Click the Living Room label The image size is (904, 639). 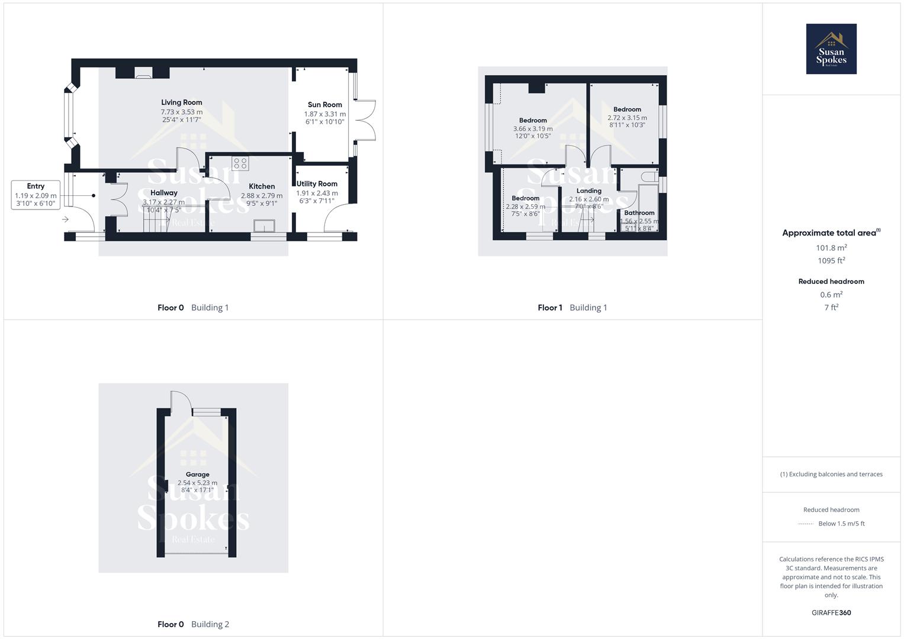pos(182,102)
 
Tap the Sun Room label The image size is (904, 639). pos(324,105)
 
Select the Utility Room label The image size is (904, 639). pos(317,184)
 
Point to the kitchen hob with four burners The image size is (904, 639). pos(240,163)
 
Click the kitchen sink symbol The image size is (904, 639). pos(263,226)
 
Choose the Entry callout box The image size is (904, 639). pos(36,195)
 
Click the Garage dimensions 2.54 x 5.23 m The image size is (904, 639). pos(197,483)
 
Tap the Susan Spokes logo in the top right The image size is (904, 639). pos(831,49)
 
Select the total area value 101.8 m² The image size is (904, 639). pos(831,248)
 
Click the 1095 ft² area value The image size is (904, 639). pos(831,261)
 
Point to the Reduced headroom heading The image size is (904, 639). pos(831,282)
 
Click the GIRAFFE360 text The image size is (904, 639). pos(831,613)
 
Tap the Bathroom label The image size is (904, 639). pos(639,213)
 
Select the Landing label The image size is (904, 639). pos(588,191)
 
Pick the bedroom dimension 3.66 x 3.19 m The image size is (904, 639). pos(533,128)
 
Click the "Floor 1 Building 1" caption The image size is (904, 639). pos(572,308)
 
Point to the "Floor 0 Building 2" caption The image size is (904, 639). pos(193,624)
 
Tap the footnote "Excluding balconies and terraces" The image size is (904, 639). pos(831,474)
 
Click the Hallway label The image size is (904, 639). pos(163,193)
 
